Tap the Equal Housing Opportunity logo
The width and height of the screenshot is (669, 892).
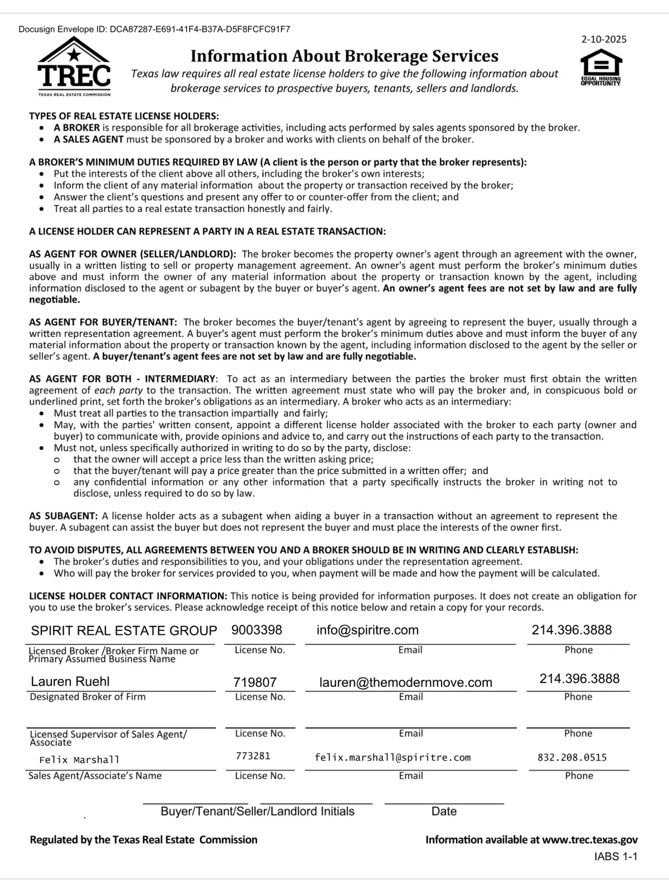coord(601,67)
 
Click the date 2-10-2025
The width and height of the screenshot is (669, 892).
coord(604,39)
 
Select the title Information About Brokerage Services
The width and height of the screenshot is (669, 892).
coord(345,56)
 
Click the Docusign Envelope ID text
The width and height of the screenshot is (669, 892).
coord(154,29)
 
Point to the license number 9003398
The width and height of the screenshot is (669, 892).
coord(257,630)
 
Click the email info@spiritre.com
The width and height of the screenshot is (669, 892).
coord(367,630)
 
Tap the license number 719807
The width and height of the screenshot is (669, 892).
coord(255,682)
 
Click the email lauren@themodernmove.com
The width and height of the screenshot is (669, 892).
coord(406,682)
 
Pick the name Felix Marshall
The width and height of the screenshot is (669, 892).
coord(79,760)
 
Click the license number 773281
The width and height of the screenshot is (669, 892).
coord(253,756)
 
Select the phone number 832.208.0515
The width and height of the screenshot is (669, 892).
coord(572,758)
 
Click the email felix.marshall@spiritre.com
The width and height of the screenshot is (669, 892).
coord(392,758)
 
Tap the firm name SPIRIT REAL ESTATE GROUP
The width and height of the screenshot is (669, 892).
coord(124,631)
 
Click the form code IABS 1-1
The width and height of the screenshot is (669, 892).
coord(615,856)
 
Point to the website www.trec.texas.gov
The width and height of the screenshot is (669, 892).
coord(590,840)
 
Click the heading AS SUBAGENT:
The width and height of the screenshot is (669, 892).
coord(64,516)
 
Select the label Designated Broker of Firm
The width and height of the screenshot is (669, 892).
coord(88,697)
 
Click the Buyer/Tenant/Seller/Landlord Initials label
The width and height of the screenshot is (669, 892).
coord(258,811)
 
